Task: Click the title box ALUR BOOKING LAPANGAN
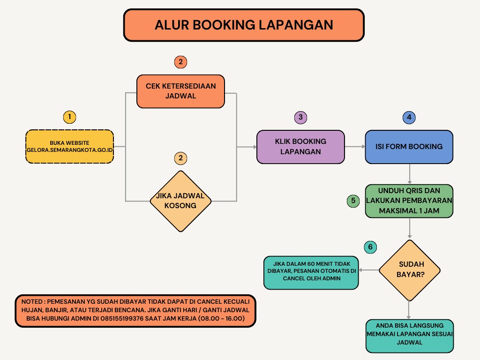244,25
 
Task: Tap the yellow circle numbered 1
69,117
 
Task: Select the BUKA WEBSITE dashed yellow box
69,147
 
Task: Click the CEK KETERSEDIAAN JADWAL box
180,91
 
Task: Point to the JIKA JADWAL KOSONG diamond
180,201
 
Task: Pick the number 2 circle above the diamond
180,158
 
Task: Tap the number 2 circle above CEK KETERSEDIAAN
180,62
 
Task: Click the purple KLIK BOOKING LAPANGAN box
300,147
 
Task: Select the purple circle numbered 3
300,117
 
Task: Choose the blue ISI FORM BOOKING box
409,147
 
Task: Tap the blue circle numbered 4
409,117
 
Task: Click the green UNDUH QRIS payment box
409,201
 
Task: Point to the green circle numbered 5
353,201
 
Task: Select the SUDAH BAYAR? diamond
410,270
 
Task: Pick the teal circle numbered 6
370,247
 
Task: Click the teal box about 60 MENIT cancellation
311,273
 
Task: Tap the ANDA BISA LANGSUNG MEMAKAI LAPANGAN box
410,336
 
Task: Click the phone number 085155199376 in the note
122,318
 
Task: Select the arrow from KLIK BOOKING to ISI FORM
355,147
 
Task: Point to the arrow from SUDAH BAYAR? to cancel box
369,270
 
